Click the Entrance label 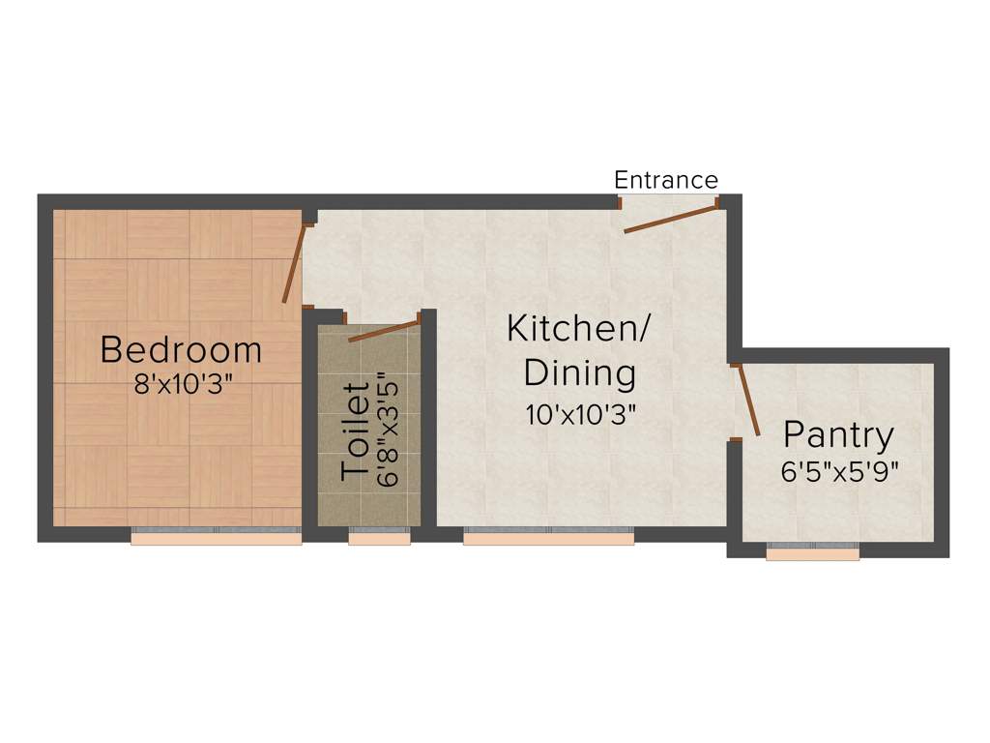tap(666, 180)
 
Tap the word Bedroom tap(181, 348)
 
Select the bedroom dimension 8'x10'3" tap(184, 383)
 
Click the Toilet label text tap(356, 432)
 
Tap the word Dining tap(580, 372)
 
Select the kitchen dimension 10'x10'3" tap(580, 416)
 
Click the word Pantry tap(838, 435)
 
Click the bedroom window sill tap(217, 539)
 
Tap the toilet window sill tap(380, 539)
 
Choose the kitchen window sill tap(548, 539)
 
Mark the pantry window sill tap(812, 554)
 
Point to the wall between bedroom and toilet tap(310, 426)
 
